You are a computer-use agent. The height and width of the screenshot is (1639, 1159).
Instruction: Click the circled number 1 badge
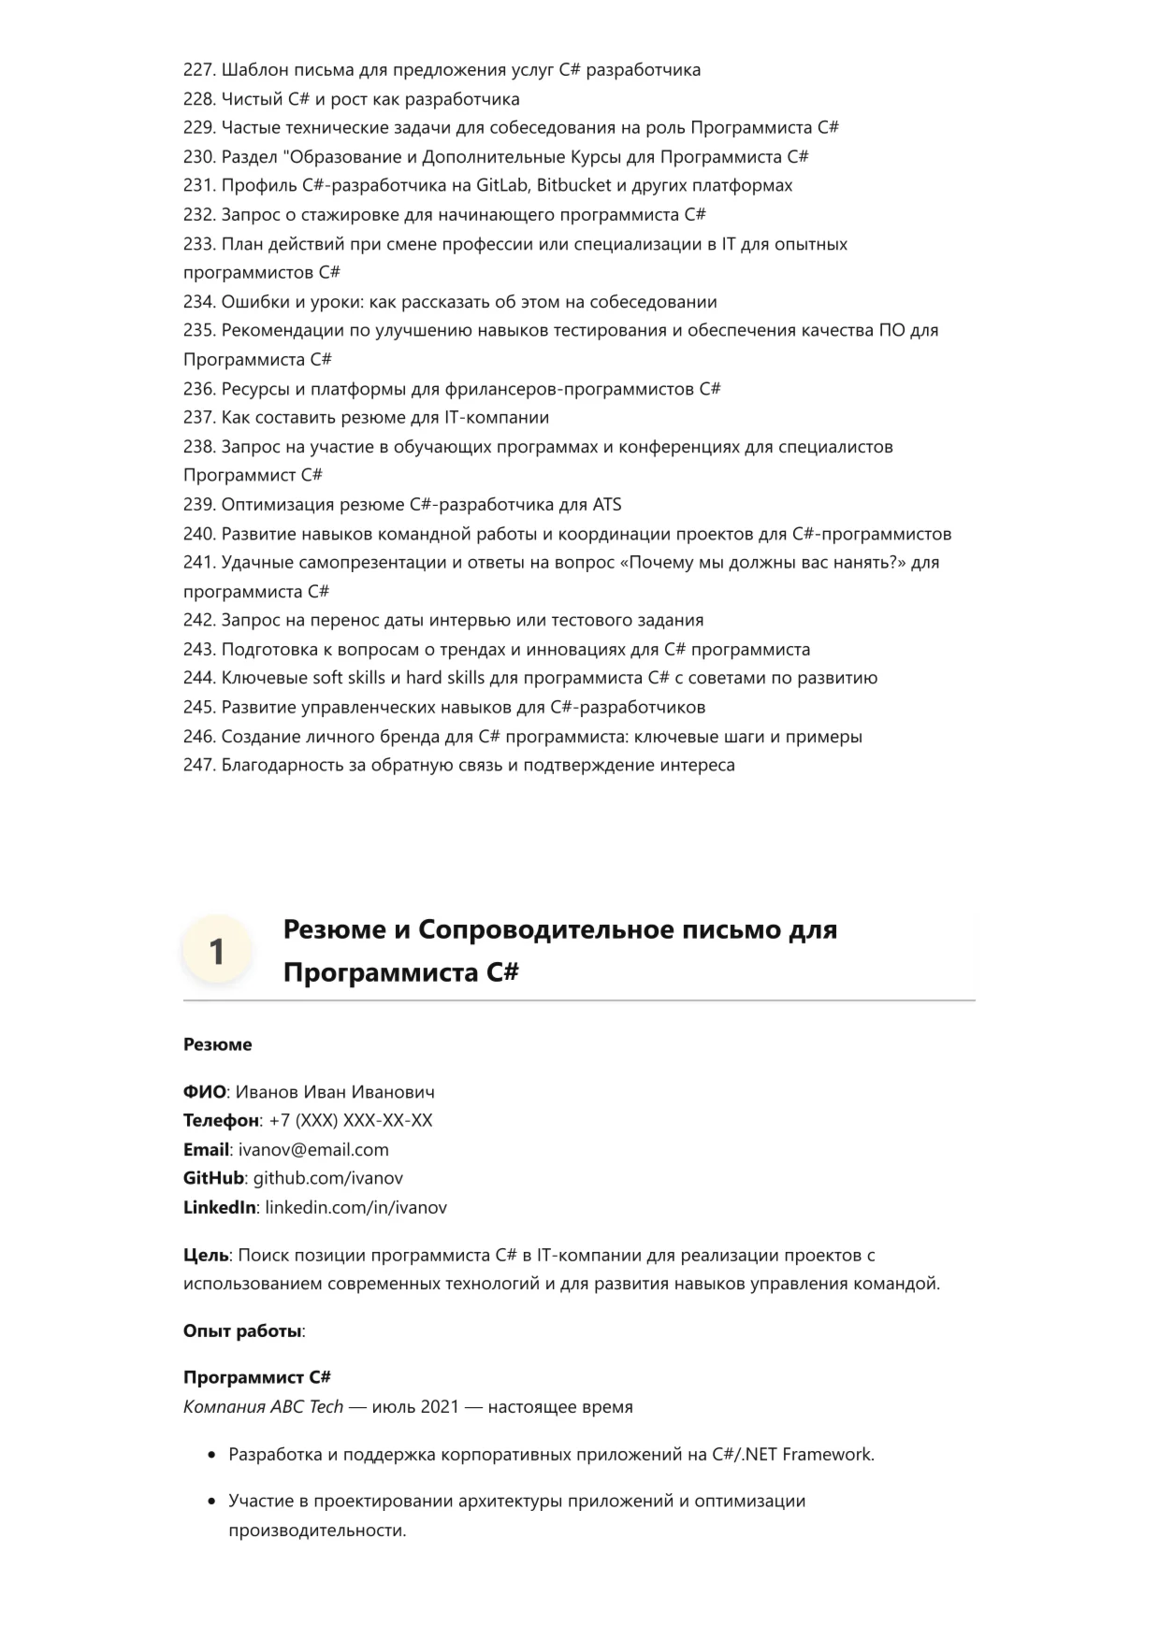tap(217, 951)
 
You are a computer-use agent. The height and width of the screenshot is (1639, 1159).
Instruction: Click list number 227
tap(199, 70)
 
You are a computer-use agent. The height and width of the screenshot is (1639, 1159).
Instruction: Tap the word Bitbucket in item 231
tap(573, 185)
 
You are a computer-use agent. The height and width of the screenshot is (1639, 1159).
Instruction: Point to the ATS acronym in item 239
tap(606, 505)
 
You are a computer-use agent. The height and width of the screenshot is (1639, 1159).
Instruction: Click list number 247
tap(199, 766)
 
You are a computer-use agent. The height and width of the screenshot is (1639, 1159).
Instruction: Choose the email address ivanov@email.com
tap(313, 1150)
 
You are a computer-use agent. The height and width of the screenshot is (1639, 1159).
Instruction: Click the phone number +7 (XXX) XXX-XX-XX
tap(351, 1121)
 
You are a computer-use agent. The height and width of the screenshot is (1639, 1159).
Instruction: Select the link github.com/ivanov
tap(328, 1179)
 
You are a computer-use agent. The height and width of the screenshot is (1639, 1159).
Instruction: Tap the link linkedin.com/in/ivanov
tap(356, 1208)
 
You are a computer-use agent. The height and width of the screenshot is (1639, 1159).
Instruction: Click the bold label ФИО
tap(205, 1092)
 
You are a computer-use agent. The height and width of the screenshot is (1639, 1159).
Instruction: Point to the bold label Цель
tap(206, 1256)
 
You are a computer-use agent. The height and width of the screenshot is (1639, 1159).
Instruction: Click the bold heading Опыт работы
tap(242, 1331)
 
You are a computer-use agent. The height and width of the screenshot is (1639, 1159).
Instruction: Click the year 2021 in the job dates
tap(440, 1407)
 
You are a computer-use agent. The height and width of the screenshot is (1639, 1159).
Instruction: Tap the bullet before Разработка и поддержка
tap(210, 1456)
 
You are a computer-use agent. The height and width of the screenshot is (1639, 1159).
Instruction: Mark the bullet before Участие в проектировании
tap(210, 1502)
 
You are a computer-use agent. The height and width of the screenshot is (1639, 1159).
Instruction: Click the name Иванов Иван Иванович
tap(335, 1092)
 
